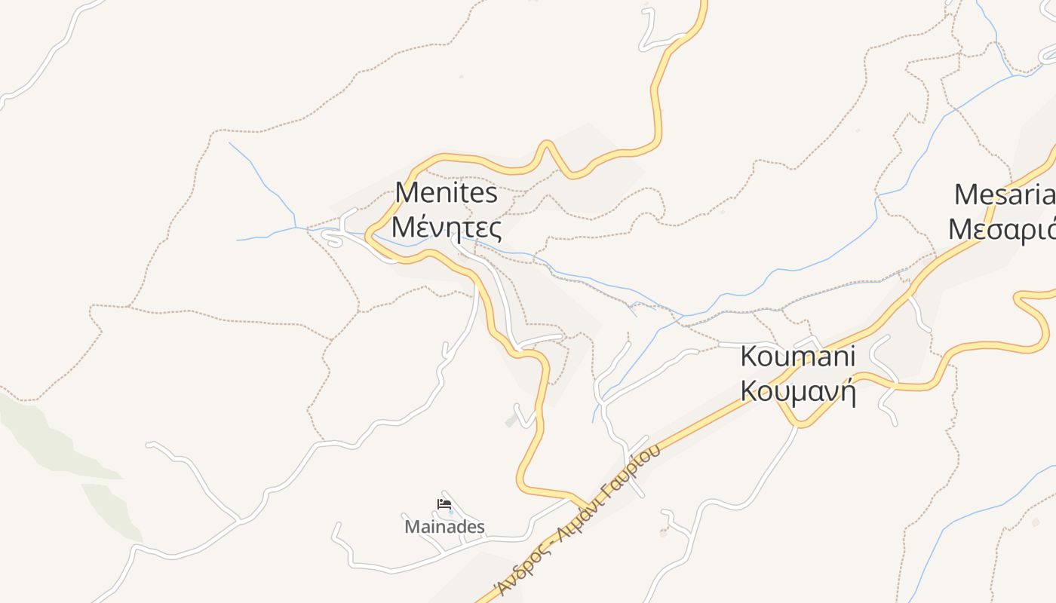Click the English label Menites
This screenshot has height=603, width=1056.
click(x=447, y=193)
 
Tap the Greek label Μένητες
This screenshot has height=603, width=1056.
click(x=447, y=227)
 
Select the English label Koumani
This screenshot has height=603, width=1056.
click(x=798, y=357)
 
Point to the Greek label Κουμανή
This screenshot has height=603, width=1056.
click(x=798, y=391)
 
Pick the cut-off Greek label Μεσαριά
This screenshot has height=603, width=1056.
click(x=1002, y=229)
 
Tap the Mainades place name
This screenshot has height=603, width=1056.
click(x=444, y=526)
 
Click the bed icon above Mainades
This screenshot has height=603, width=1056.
click(x=444, y=504)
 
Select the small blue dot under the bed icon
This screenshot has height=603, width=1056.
click(x=451, y=513)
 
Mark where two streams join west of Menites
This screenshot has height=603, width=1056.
click(x=296, y=226)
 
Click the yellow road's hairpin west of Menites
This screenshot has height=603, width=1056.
click(x=369, y=236)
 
